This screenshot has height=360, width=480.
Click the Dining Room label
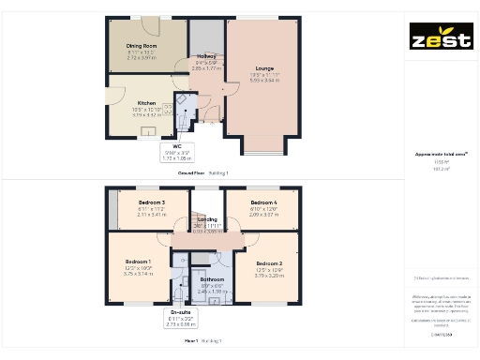point(142,45)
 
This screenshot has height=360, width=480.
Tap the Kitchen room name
point(146,103)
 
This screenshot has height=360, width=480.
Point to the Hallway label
point(205,57)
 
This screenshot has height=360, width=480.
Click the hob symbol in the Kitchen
point(169,110)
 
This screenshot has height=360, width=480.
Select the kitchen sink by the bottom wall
point(148,132)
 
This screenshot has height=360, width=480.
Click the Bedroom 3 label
point(151,202)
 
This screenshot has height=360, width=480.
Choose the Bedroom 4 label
point(262,202)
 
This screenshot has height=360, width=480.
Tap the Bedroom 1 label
point(138,262)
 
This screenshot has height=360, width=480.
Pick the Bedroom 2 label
point(269,263)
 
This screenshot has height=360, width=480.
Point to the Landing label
point(207,219)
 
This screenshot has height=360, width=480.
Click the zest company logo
point(441,40)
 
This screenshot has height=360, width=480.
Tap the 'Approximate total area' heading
point(441,154)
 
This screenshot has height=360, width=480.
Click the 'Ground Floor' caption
point(193,173)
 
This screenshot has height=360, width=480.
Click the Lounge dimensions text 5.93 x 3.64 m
point(265,80)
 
